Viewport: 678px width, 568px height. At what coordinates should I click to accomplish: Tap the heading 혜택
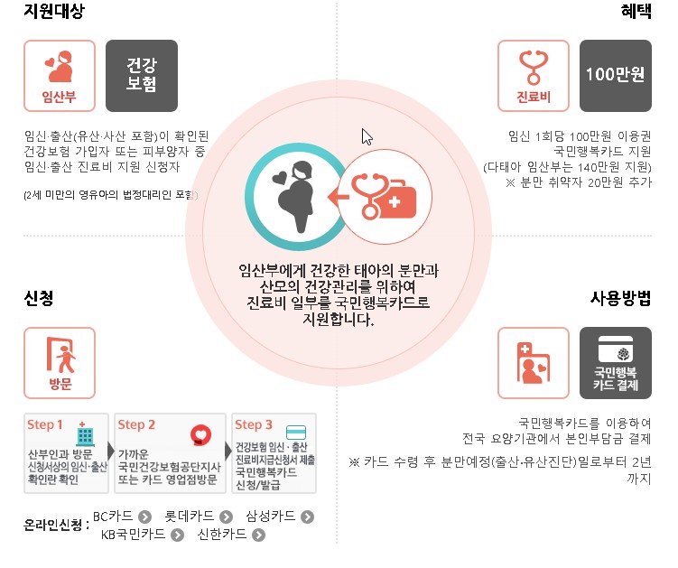(x=636, y=14)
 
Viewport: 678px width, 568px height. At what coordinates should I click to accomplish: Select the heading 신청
(x=38, y=299)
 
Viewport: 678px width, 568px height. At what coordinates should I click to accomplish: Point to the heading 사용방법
(x=620, y=298)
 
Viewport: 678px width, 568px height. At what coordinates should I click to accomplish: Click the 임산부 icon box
(x=60, y=76)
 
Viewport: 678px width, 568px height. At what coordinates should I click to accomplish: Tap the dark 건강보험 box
(x=142, y=76)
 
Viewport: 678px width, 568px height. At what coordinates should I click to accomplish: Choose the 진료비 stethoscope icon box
(x=534, y=76)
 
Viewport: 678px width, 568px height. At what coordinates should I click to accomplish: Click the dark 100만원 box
(x=615, y=76)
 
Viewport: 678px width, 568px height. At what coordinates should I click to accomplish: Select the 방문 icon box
(x=60, y=362)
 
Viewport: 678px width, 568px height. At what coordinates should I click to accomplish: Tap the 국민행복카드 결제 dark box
(x=615, y=362)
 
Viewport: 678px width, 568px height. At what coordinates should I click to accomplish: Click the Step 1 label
(x=46, y=424)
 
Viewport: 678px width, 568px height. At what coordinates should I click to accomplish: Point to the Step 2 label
(x=137, y=424)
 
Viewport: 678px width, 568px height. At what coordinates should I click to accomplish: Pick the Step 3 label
(x=254, y=424)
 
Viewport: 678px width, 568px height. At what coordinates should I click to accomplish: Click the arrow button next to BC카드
(x=144, y=517)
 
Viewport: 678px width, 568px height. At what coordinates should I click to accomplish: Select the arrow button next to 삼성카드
(x=308, y=517)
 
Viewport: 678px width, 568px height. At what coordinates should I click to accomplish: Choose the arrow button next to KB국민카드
(x=177, y=535)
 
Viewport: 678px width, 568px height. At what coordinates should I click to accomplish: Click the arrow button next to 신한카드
(x=259, y=535)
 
